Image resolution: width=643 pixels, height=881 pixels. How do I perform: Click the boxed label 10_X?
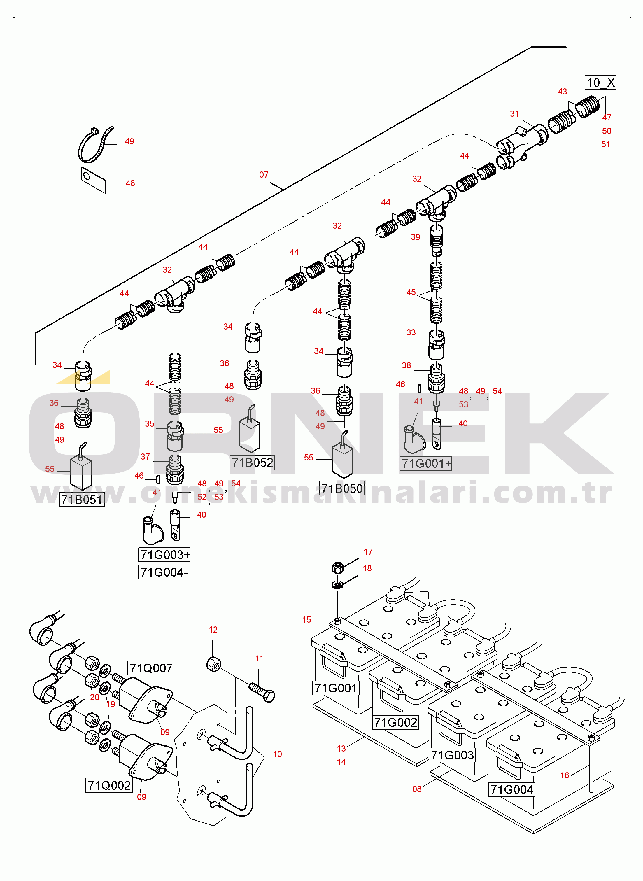point(600,83)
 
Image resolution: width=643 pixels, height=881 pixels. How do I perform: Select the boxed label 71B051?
point(82,499)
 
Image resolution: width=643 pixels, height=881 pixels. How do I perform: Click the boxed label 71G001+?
point(426,463)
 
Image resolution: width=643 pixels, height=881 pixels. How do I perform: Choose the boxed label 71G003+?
point(164,554)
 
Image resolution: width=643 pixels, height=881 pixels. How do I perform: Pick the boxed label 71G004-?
point(164,572)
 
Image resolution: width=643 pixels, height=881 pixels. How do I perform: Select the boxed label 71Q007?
point(151,668)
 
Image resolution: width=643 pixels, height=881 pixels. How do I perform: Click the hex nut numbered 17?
point(337,568)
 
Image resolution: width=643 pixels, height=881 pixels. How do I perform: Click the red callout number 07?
point(264,175)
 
